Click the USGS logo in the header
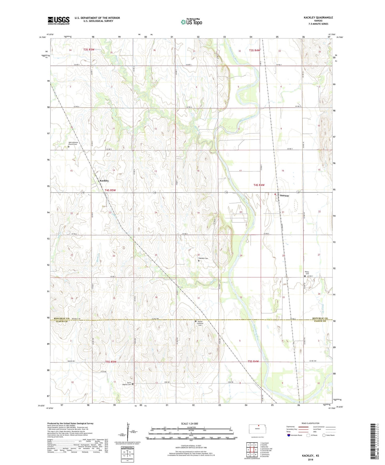tap(59, 21)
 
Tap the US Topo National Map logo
tap(191, 22)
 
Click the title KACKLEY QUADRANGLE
tap(318, 18)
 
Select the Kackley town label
tap(104, 181)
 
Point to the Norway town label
tap(284, 195)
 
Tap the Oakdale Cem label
tap(203, 258)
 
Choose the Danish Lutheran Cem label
tap(202, 323)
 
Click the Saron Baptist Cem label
tap(127, 384)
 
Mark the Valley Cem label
tap(307, 273)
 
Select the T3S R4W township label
tap(254, 50)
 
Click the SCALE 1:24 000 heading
tap(189, 424)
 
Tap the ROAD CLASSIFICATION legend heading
tap(310, 423)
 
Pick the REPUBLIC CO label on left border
tap(62, 318)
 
